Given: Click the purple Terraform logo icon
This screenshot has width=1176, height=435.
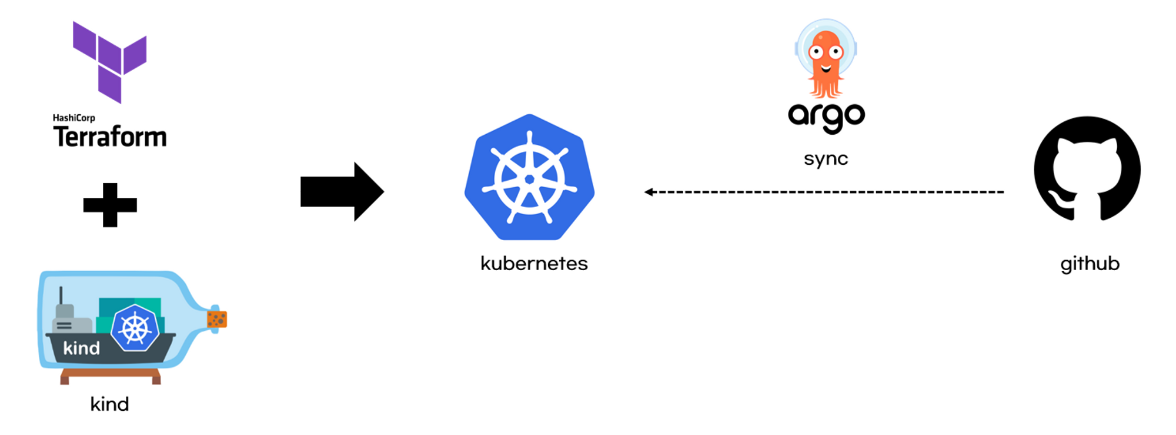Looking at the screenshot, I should (x=110, y=62).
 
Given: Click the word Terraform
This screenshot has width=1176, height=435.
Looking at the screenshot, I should (x=110, y=137).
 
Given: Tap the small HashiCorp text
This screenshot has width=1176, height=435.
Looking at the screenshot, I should (x=74, y=118).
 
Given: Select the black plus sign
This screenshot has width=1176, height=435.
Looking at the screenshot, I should (x=110, y=205).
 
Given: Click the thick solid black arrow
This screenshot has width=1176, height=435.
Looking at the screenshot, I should (x=342, y=192).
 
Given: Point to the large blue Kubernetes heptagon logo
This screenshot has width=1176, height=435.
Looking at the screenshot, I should (x=529, y=177).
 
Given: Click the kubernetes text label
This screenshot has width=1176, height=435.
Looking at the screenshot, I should (x=534, y=263).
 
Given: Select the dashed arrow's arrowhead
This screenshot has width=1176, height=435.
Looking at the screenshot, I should (x=649, y=192).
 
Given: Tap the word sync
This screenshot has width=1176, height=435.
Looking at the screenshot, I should (x=826, y=158).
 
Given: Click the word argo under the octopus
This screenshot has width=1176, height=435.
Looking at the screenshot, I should (x=826, y=116).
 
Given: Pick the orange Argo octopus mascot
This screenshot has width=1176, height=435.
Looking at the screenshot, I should (x=826, y=59).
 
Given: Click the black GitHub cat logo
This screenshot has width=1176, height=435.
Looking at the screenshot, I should (x=1087, y=169).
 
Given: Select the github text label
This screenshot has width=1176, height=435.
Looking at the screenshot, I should (x=1090, y=264).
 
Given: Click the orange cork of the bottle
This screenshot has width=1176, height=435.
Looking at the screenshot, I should (x=217, y=319).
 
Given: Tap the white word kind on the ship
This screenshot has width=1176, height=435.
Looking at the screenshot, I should (x=81, y=348).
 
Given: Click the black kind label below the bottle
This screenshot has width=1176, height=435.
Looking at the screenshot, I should (x=109, y=404).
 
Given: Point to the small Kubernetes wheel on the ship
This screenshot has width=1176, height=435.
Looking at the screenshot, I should (x=135, y=328).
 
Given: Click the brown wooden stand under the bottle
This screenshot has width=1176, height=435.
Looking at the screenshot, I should (x=110, y=375).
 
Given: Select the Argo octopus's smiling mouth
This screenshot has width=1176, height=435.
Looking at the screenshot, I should (x=826, y=68).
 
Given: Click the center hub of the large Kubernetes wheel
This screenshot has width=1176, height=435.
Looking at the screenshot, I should (x=529, y=180).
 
